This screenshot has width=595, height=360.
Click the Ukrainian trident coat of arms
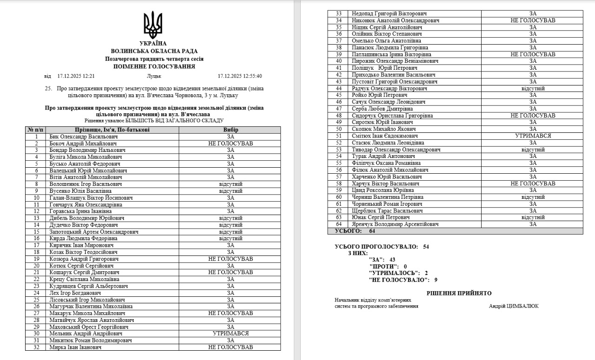coord(153,25)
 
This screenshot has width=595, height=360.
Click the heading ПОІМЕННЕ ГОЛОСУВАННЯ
coord(154,66)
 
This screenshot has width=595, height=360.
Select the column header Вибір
coord(231,130)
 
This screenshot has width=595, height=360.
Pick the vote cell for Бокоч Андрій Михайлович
coord(231,144)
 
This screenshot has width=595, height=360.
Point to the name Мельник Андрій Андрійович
coord(86,334)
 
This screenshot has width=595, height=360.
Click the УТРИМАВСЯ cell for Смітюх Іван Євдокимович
coord(533,136)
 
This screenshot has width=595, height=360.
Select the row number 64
coord(338,224)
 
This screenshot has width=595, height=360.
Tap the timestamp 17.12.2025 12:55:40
coord(240,76)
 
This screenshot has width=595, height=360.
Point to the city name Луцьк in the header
coord(154,76)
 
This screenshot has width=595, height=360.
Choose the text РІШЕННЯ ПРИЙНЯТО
coord(459,293)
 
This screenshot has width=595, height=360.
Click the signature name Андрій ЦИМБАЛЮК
coord(514,306)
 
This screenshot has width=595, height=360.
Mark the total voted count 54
coord(426,247)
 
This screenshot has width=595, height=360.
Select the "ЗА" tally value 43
coord(392,260)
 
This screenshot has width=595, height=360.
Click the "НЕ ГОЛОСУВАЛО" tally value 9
coord(436,280)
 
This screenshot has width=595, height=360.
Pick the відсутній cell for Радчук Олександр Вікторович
coord(533,88)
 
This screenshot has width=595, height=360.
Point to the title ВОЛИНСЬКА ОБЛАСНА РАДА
coord(154,51)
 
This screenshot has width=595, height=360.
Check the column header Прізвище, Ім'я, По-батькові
coord(112,130)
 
